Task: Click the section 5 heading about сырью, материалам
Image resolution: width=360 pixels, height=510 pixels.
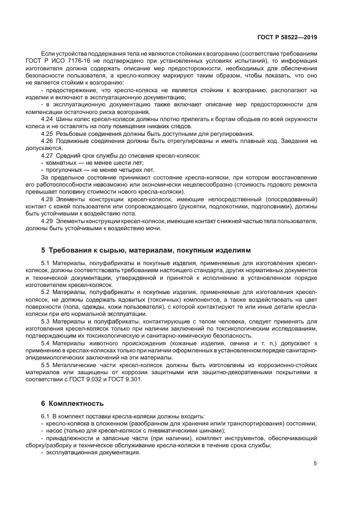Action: point(146,250)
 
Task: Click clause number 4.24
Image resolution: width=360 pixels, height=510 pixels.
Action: point(47,118)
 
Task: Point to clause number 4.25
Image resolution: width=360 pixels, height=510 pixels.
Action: point(47,133)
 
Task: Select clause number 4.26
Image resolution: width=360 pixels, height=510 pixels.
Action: point(47,141)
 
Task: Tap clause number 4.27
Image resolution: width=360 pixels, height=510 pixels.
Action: point(47,155)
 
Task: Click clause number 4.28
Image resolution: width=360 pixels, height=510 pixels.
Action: point(47,199)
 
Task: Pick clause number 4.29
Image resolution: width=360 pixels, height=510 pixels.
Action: point(47,221)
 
